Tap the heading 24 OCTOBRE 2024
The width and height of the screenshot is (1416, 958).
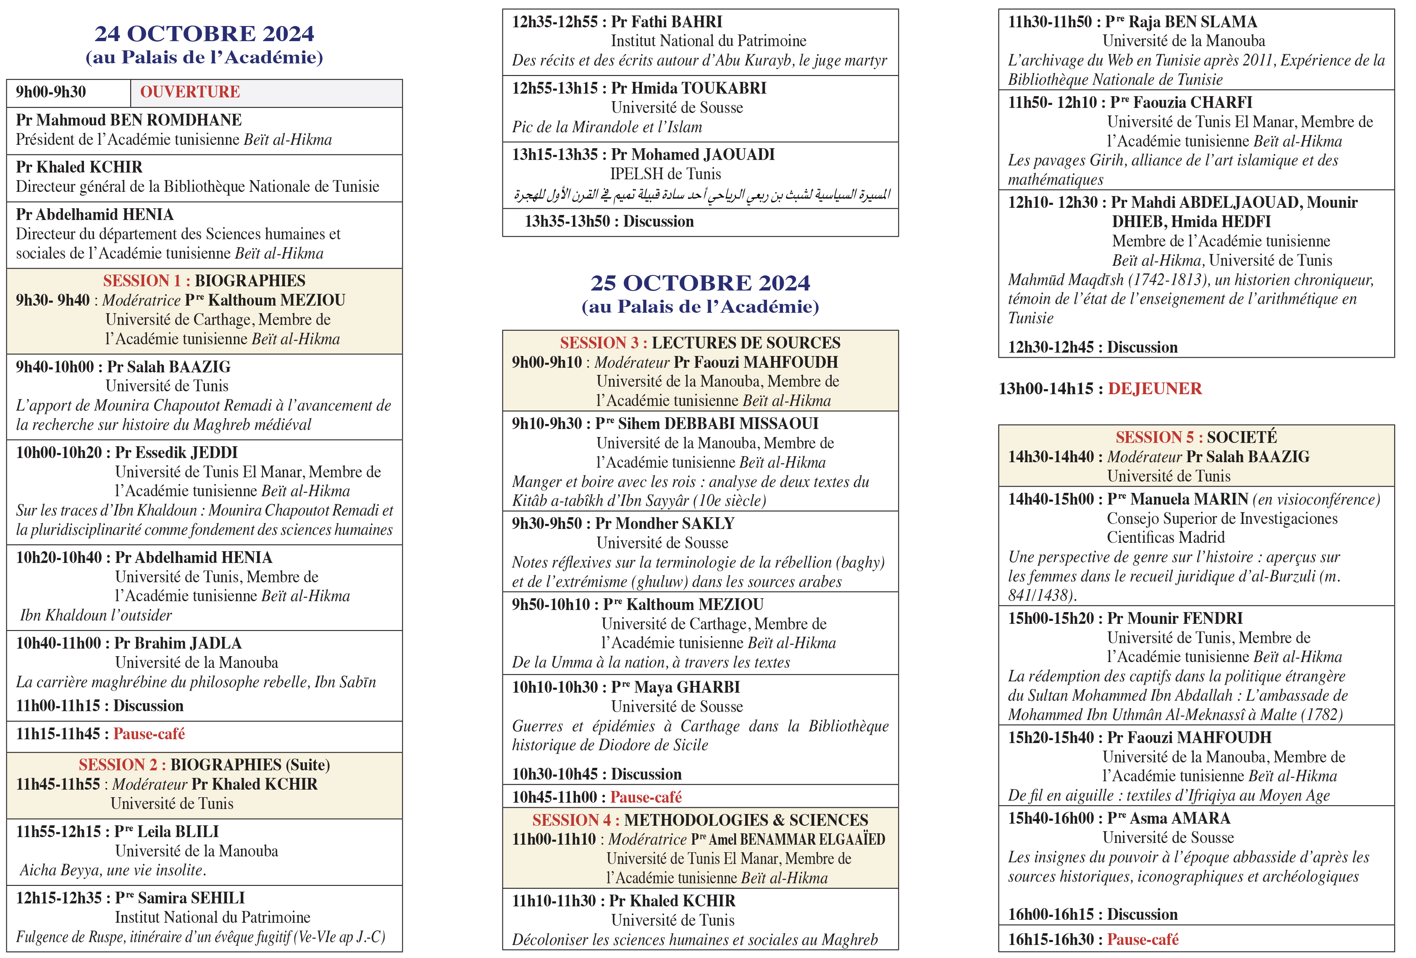point(204,34)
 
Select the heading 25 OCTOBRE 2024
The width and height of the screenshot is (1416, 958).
point(700,283)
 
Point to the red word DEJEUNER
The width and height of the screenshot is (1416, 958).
point(1155,389)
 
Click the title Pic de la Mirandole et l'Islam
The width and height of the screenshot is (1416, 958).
point(607,127)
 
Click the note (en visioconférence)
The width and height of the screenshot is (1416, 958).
point(1316,500)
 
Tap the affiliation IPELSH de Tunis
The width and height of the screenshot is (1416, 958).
point(665,174)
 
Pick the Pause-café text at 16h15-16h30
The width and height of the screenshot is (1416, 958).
point(1143,939)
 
